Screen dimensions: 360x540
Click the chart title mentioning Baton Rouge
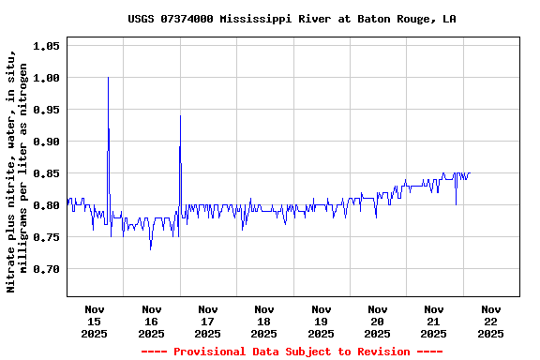292,19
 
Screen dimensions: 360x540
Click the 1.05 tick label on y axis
47,46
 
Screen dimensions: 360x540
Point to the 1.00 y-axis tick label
47,78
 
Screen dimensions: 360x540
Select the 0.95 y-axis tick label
47,110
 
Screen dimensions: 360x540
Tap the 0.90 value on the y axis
47,142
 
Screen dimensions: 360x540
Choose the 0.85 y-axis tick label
47,173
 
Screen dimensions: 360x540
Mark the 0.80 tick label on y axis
47,205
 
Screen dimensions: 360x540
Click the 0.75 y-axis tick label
47,237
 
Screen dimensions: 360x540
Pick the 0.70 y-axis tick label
47,269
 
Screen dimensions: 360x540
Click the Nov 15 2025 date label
95,321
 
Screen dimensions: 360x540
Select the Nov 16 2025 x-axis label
151,321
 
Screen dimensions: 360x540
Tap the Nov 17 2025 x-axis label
207,321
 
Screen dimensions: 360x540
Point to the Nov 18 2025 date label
264,321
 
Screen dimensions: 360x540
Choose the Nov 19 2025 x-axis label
321,321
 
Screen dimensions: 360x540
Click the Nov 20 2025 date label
377,321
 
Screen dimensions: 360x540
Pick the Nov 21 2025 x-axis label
433,321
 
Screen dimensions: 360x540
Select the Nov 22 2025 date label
490,321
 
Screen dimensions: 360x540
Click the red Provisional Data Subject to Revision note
292,352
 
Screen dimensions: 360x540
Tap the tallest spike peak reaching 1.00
108,78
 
